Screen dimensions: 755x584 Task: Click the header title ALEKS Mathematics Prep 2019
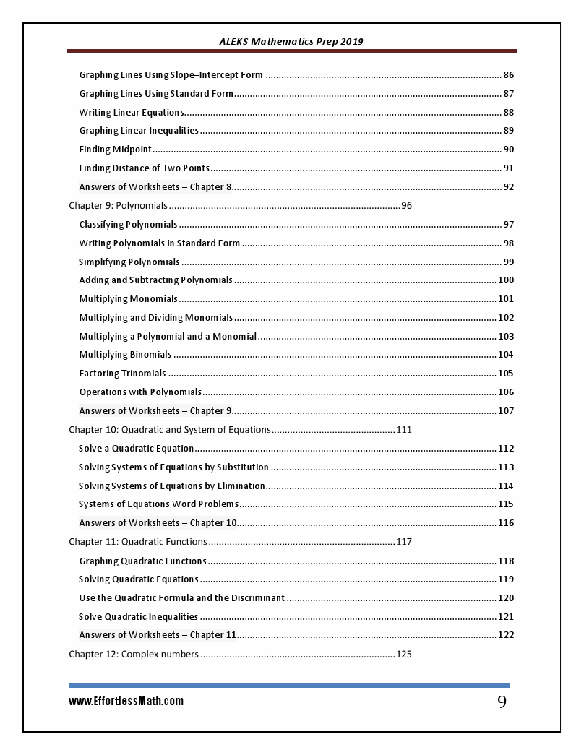click(291, 41)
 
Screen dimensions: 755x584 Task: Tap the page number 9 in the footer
click(502, 702)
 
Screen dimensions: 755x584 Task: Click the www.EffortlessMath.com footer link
click(126, 701)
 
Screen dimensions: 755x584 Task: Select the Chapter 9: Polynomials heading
click(118, 206)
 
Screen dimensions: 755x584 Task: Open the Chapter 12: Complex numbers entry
click(134, 655)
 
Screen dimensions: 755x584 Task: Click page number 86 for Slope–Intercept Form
click(508, 75)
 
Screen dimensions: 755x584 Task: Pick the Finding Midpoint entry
click(116, 150)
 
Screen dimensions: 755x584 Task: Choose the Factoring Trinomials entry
click(122, 374)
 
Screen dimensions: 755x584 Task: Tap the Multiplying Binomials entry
click(125, 355)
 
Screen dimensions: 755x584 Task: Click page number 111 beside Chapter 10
click(403, 430)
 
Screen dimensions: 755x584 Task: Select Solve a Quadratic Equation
click(136, 449)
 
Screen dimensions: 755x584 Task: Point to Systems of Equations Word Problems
click(158, 504)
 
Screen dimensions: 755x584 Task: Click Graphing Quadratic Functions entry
click(142, 561)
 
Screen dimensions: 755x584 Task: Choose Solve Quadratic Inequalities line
click(138, 617)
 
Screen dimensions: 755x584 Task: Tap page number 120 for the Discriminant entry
click(506, 598)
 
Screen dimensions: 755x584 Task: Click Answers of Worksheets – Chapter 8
click(155, 187)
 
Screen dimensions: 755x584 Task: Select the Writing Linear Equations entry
click(132, 113)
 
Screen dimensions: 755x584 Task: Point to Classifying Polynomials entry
click(128, 225)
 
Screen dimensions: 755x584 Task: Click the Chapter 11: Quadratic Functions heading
click(138, 542)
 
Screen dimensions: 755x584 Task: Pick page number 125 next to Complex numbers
click(403, 655)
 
